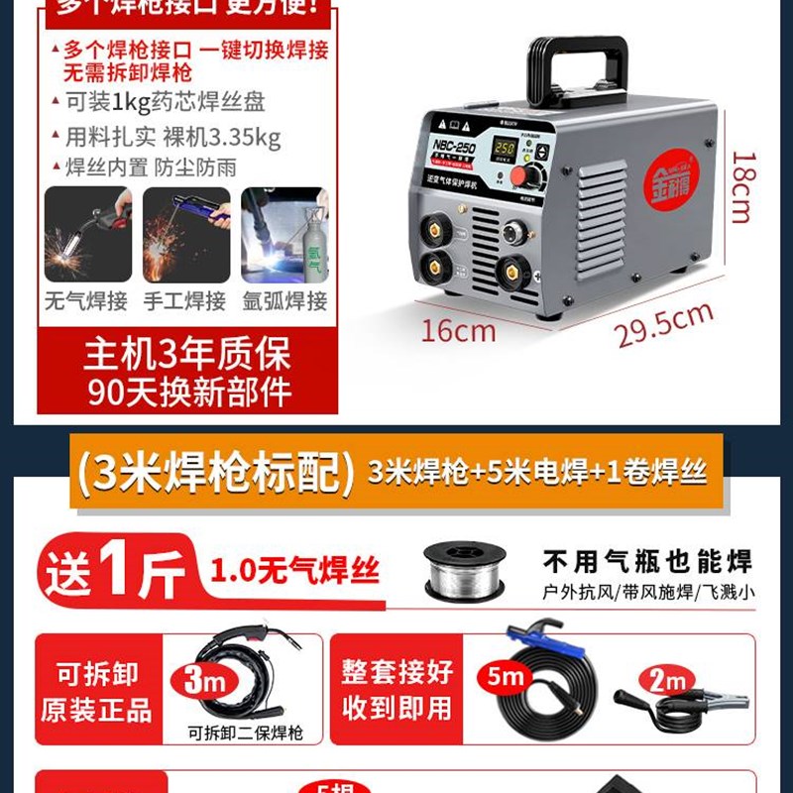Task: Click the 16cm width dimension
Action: tap(458, 330)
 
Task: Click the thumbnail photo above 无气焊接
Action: tap(87, 235)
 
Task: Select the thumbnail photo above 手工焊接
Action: tap(185, 235)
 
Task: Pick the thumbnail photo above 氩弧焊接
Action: tap(283, 235)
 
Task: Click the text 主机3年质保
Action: tap(187, 355)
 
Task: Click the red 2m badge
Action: tap(665, 681)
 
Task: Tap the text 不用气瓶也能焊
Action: tap(646, 562)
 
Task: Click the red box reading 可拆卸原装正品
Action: tap(96, 691)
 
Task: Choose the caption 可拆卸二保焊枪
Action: tap(244, 734)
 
